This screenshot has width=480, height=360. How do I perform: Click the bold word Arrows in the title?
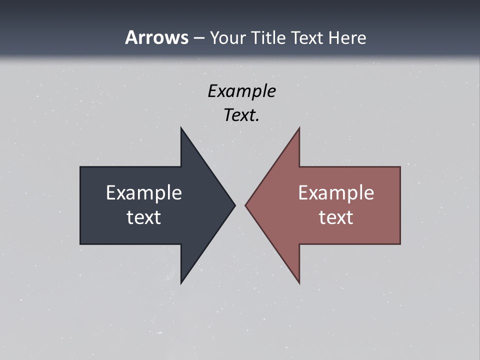(156, 37)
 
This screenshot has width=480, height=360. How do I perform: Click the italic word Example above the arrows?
(241, 91)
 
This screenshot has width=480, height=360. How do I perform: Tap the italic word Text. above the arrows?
(241, 115)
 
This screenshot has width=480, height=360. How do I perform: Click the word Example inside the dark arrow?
(144, 192)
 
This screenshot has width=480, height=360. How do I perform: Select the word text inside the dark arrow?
(144, 217)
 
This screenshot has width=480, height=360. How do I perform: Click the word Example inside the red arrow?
(336, 192)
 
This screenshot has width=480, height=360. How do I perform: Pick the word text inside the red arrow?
(336, 217)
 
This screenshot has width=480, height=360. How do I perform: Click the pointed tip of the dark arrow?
(234, 204)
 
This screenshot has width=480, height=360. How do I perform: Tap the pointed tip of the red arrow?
(246, 204)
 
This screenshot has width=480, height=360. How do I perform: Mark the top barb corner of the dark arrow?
(181, 128)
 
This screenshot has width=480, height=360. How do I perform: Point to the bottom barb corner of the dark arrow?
(181, 283)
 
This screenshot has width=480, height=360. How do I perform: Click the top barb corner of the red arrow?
(299, 128)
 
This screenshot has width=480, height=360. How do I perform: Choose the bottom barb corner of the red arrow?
(299, 283)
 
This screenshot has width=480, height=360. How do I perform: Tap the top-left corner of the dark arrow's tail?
(81, 167)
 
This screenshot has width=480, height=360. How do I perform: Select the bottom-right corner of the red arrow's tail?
(399, 243)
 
